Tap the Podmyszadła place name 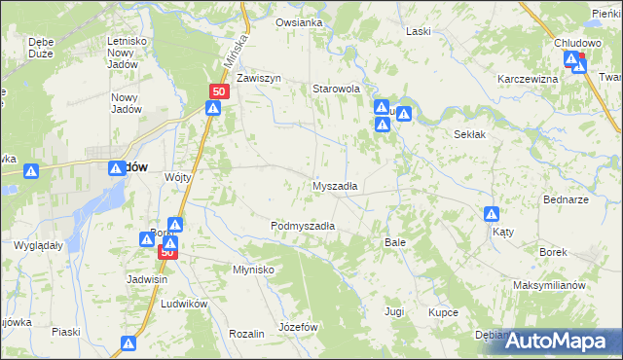(x=303, y=225)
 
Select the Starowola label (x=336, y=89)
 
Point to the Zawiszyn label (x=258, y=78)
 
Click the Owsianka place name (x=299, y=22)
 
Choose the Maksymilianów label (x=549, y=286)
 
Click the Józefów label (x=299, y=327)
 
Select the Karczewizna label (x=527, y=78)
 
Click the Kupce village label (x=443, y=312)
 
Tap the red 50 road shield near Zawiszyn (x=218, y=91)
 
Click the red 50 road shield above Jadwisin (x=167, y=252)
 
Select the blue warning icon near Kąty (x=493, y=214)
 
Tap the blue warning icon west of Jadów (x=32, y=171)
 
